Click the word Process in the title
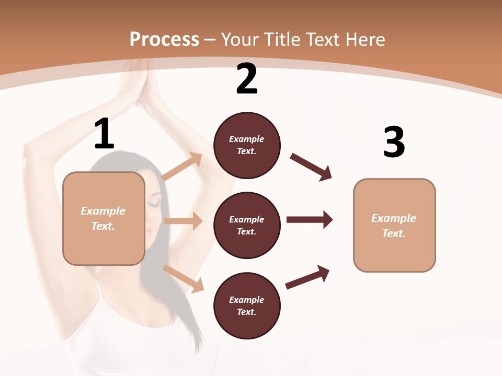tap(164, 39)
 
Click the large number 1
tap(104, 134)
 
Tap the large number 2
tap(247, 79)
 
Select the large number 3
tap(394, 143)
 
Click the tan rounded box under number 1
tap(104, 218)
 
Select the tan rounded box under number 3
tap(394, 225)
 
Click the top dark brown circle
tap(247, 145)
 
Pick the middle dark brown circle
tap(247, 225)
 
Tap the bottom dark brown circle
tap(247, 305)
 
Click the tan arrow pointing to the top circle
tap(182, 167)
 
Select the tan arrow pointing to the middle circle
tap(183, 221)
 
